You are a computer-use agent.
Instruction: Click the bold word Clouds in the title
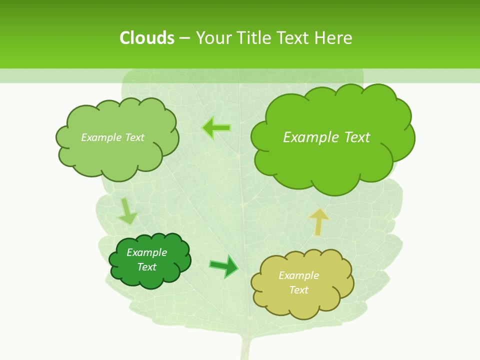(x=146, y=38)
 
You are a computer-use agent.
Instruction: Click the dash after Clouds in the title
(x=184, y=38)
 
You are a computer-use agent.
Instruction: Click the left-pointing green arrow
(x=216, y=128)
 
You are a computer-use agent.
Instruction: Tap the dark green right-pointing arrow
(x=224, y=266)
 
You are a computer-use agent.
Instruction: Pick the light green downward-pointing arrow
(x=127, y=211)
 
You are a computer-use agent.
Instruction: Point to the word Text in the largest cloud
(x=357, y=137)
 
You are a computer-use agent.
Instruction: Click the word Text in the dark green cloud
(x=147, y=267)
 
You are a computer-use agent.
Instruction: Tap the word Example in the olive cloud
(x=298, y=275)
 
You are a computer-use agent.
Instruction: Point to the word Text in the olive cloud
(x=298, y=290)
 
